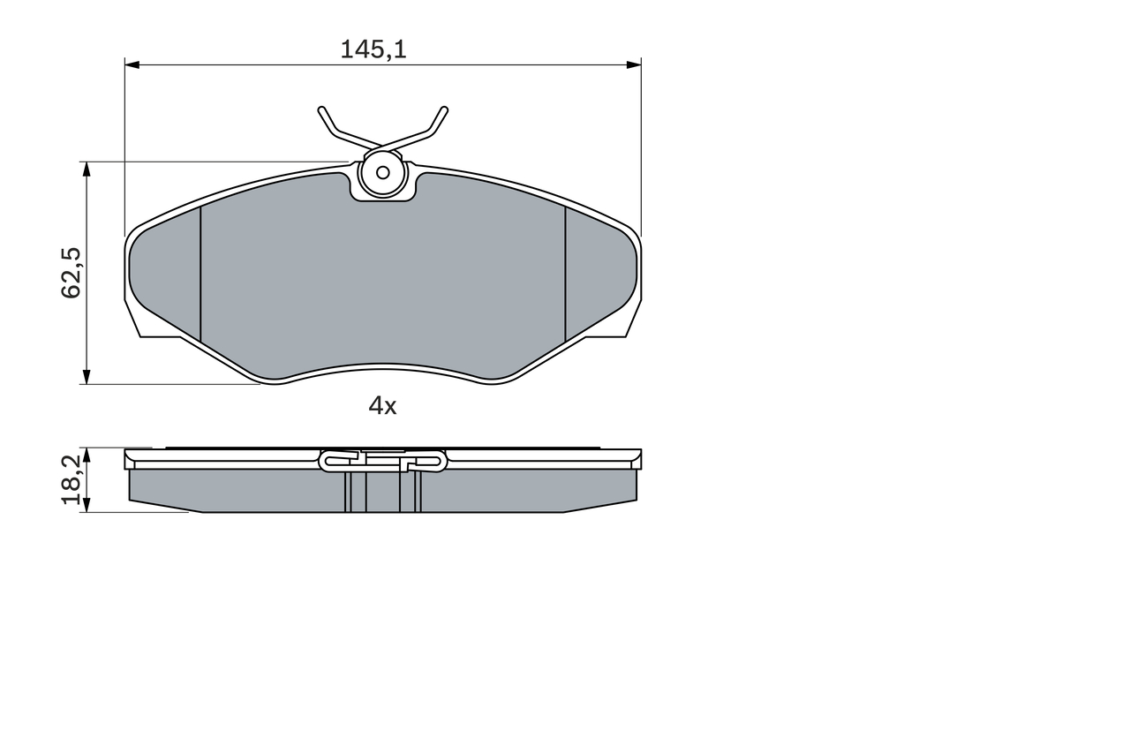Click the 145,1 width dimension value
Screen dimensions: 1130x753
click(373, 50)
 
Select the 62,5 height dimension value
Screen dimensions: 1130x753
click(72, 273)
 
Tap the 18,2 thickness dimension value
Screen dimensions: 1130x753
click(72, 479)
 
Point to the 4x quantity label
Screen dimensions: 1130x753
click(382, 405)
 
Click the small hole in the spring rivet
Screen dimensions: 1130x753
click(383, 173)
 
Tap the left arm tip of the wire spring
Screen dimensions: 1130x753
click(321, 109)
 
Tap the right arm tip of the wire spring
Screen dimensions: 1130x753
click(444, 109)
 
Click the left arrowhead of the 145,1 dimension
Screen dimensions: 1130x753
click(132, 64)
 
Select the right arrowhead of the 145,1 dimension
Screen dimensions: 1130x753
click(634, 64)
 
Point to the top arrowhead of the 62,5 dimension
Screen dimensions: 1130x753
click(87, 169)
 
